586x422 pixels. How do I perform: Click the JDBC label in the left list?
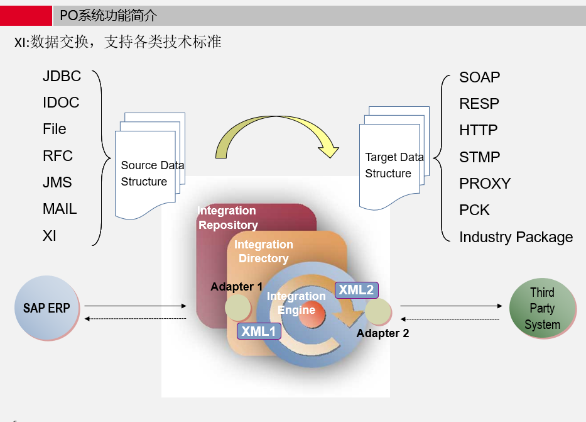[62, 76]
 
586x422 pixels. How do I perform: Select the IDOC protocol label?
[61, 103]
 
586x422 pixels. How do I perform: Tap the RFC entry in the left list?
[58, 156]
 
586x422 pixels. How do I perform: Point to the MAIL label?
[60, 209]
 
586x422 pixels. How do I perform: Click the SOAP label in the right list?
[479, 77]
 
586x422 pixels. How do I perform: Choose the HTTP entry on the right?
[478, 130]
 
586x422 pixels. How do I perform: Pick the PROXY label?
[485, 184]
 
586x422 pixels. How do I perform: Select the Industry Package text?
[516, 237]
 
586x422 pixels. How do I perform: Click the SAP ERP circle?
[47, 308]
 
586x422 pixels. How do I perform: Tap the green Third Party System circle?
[542, 309]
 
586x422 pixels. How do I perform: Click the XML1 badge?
[259, 331]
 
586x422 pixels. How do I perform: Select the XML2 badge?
[356, 290]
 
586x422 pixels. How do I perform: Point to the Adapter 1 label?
[236, 287]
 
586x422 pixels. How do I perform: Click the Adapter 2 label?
[383, 333]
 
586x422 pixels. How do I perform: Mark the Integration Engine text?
[296, 303]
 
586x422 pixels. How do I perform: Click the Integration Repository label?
[227, 218]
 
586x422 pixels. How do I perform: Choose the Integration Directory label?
[263, 251]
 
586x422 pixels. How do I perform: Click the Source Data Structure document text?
[151, 174]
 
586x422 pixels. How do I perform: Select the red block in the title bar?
[26, 15]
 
